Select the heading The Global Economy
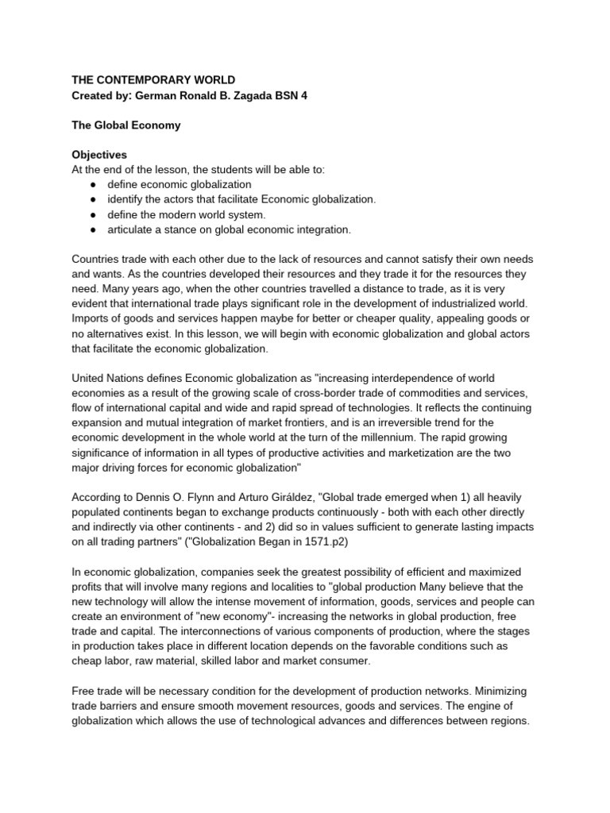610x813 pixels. [126, 125]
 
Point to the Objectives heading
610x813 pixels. [99, 155]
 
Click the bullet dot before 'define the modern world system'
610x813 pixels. [93, 215]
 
